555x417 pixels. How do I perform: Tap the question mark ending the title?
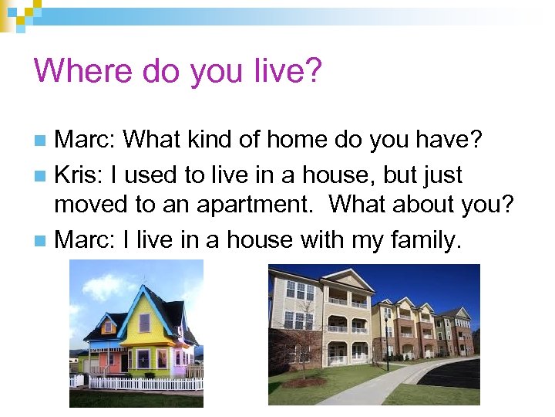pyautogui.click(x=312, y=71)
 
